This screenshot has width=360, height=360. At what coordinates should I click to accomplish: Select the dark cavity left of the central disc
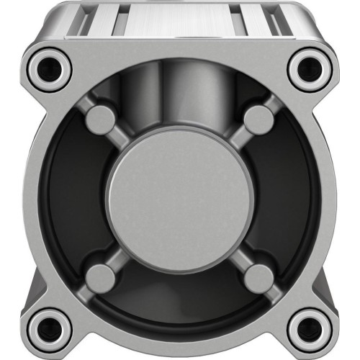[72, 198]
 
